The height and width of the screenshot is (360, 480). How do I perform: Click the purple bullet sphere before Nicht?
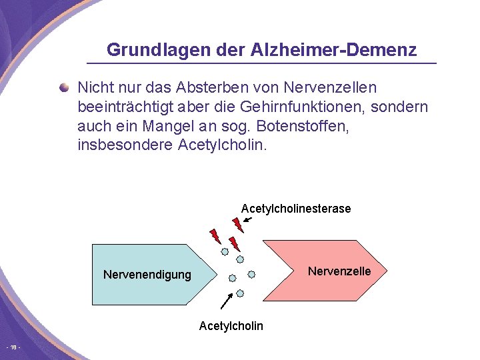[x=63, y=87]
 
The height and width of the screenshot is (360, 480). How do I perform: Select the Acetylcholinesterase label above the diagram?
[x=295, y=209]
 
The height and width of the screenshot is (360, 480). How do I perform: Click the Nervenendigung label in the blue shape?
[x=147, y=275]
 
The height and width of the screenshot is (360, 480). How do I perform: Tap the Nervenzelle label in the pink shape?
[x=339, y=271]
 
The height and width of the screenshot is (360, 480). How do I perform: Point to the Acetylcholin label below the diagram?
[x=231, y=325]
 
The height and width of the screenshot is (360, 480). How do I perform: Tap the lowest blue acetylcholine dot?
[x=240, y=293]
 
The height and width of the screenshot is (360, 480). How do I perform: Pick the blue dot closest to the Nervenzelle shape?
[x=251, y=273]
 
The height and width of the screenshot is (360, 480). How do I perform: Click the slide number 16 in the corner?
[x=14, y=348]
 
